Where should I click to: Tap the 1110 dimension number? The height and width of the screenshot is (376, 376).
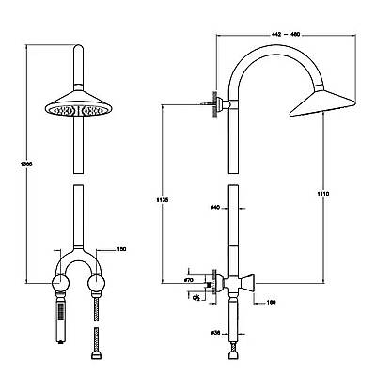tap(323, 194)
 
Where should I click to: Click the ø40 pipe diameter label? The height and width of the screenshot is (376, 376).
tap(215, 206)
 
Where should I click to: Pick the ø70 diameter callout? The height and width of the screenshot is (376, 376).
tap(188, 279)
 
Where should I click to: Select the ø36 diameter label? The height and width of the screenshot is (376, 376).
tap(216, 332)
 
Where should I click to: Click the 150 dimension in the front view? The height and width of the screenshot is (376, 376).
tap(120, 248)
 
